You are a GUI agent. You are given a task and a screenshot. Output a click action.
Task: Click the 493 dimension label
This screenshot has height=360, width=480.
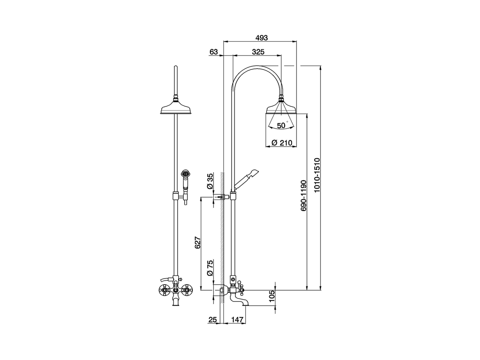coord(261,38)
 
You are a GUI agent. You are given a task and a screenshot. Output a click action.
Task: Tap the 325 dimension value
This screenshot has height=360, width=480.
coord(258,52)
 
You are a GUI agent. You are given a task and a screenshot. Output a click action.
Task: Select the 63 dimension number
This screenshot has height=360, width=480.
coord(214,52)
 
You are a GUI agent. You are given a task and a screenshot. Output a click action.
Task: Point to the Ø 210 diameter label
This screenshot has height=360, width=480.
coord(282,143)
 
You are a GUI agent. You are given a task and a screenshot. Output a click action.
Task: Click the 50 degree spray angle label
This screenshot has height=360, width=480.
coord(281,126)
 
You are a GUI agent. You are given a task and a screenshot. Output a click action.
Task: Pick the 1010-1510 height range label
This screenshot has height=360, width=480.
coord(317,175)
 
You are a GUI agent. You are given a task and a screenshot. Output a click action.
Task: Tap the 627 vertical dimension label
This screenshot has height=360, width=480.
coord(198,243)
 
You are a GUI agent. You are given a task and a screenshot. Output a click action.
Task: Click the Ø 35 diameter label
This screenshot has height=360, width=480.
coord(210,181)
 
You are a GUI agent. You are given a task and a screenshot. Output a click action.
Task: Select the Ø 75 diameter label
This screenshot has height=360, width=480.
coord(210,268)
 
